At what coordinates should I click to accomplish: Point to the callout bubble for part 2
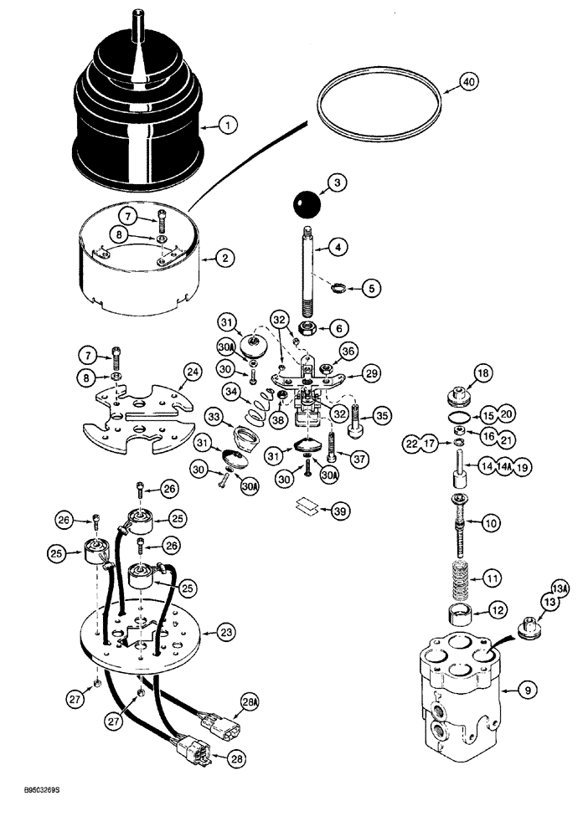tap(224, 259)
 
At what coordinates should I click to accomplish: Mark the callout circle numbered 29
tap(373, 372)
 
